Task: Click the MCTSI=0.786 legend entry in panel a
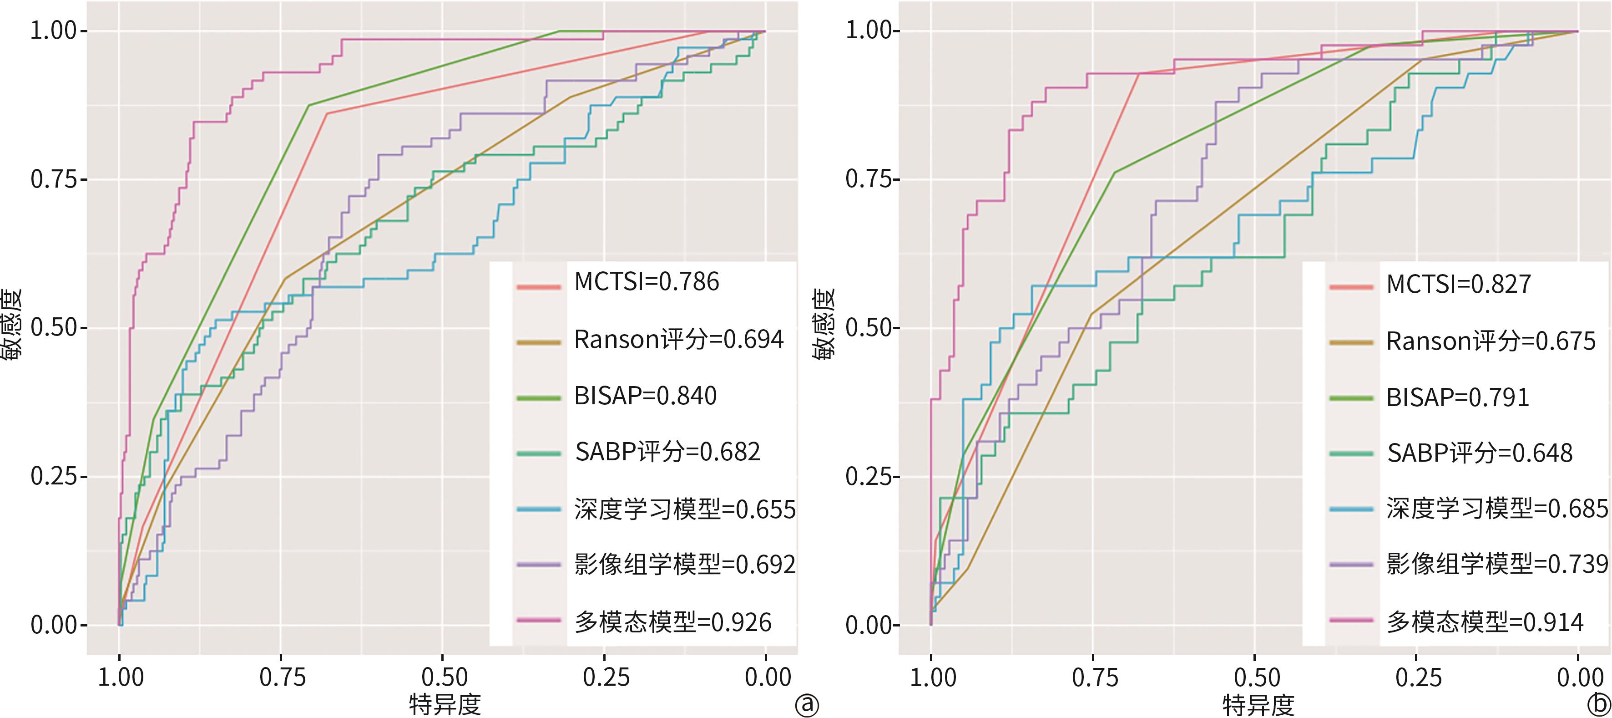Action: click(647, 282)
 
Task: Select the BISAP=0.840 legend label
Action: click(645, 396)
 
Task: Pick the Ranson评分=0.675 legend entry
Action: click(1491, 341)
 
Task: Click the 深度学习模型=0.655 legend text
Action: click(685, 509)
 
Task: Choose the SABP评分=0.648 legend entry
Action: click(1479, 453)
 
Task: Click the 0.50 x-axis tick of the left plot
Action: click(444, 677)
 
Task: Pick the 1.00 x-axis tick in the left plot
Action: click(121, 677)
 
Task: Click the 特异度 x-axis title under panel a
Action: click(445, 704)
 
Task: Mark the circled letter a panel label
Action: click(806, 705)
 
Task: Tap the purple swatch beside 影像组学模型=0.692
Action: click(539, 565)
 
